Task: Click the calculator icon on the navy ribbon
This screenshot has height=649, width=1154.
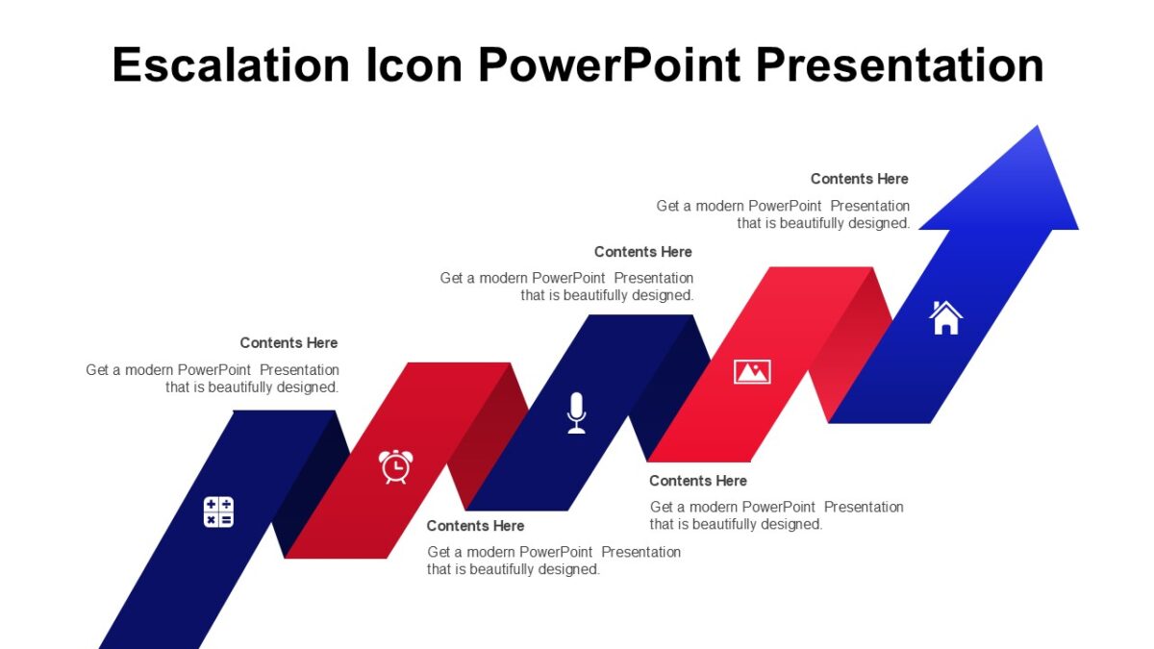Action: click(218, 512)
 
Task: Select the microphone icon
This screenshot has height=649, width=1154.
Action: click(576, 412)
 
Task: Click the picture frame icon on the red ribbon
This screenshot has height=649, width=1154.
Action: click(752, 371)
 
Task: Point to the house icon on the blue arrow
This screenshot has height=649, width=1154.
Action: click(945, 317)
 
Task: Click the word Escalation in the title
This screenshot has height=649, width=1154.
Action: click(231, 65)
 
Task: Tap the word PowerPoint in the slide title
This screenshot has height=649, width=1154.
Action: click(610, 65)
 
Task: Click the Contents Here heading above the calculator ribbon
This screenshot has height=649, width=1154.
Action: click(288, 343)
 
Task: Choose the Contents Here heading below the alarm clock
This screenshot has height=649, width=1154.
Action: click(475, 526)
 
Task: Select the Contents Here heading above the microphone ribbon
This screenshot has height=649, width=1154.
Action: click(642, 252)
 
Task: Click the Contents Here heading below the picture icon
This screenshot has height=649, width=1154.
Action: click(697, 481)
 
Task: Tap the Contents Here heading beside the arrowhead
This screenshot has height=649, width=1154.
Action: click(859, 179)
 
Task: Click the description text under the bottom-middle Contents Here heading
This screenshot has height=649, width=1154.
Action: click(553, 561)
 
